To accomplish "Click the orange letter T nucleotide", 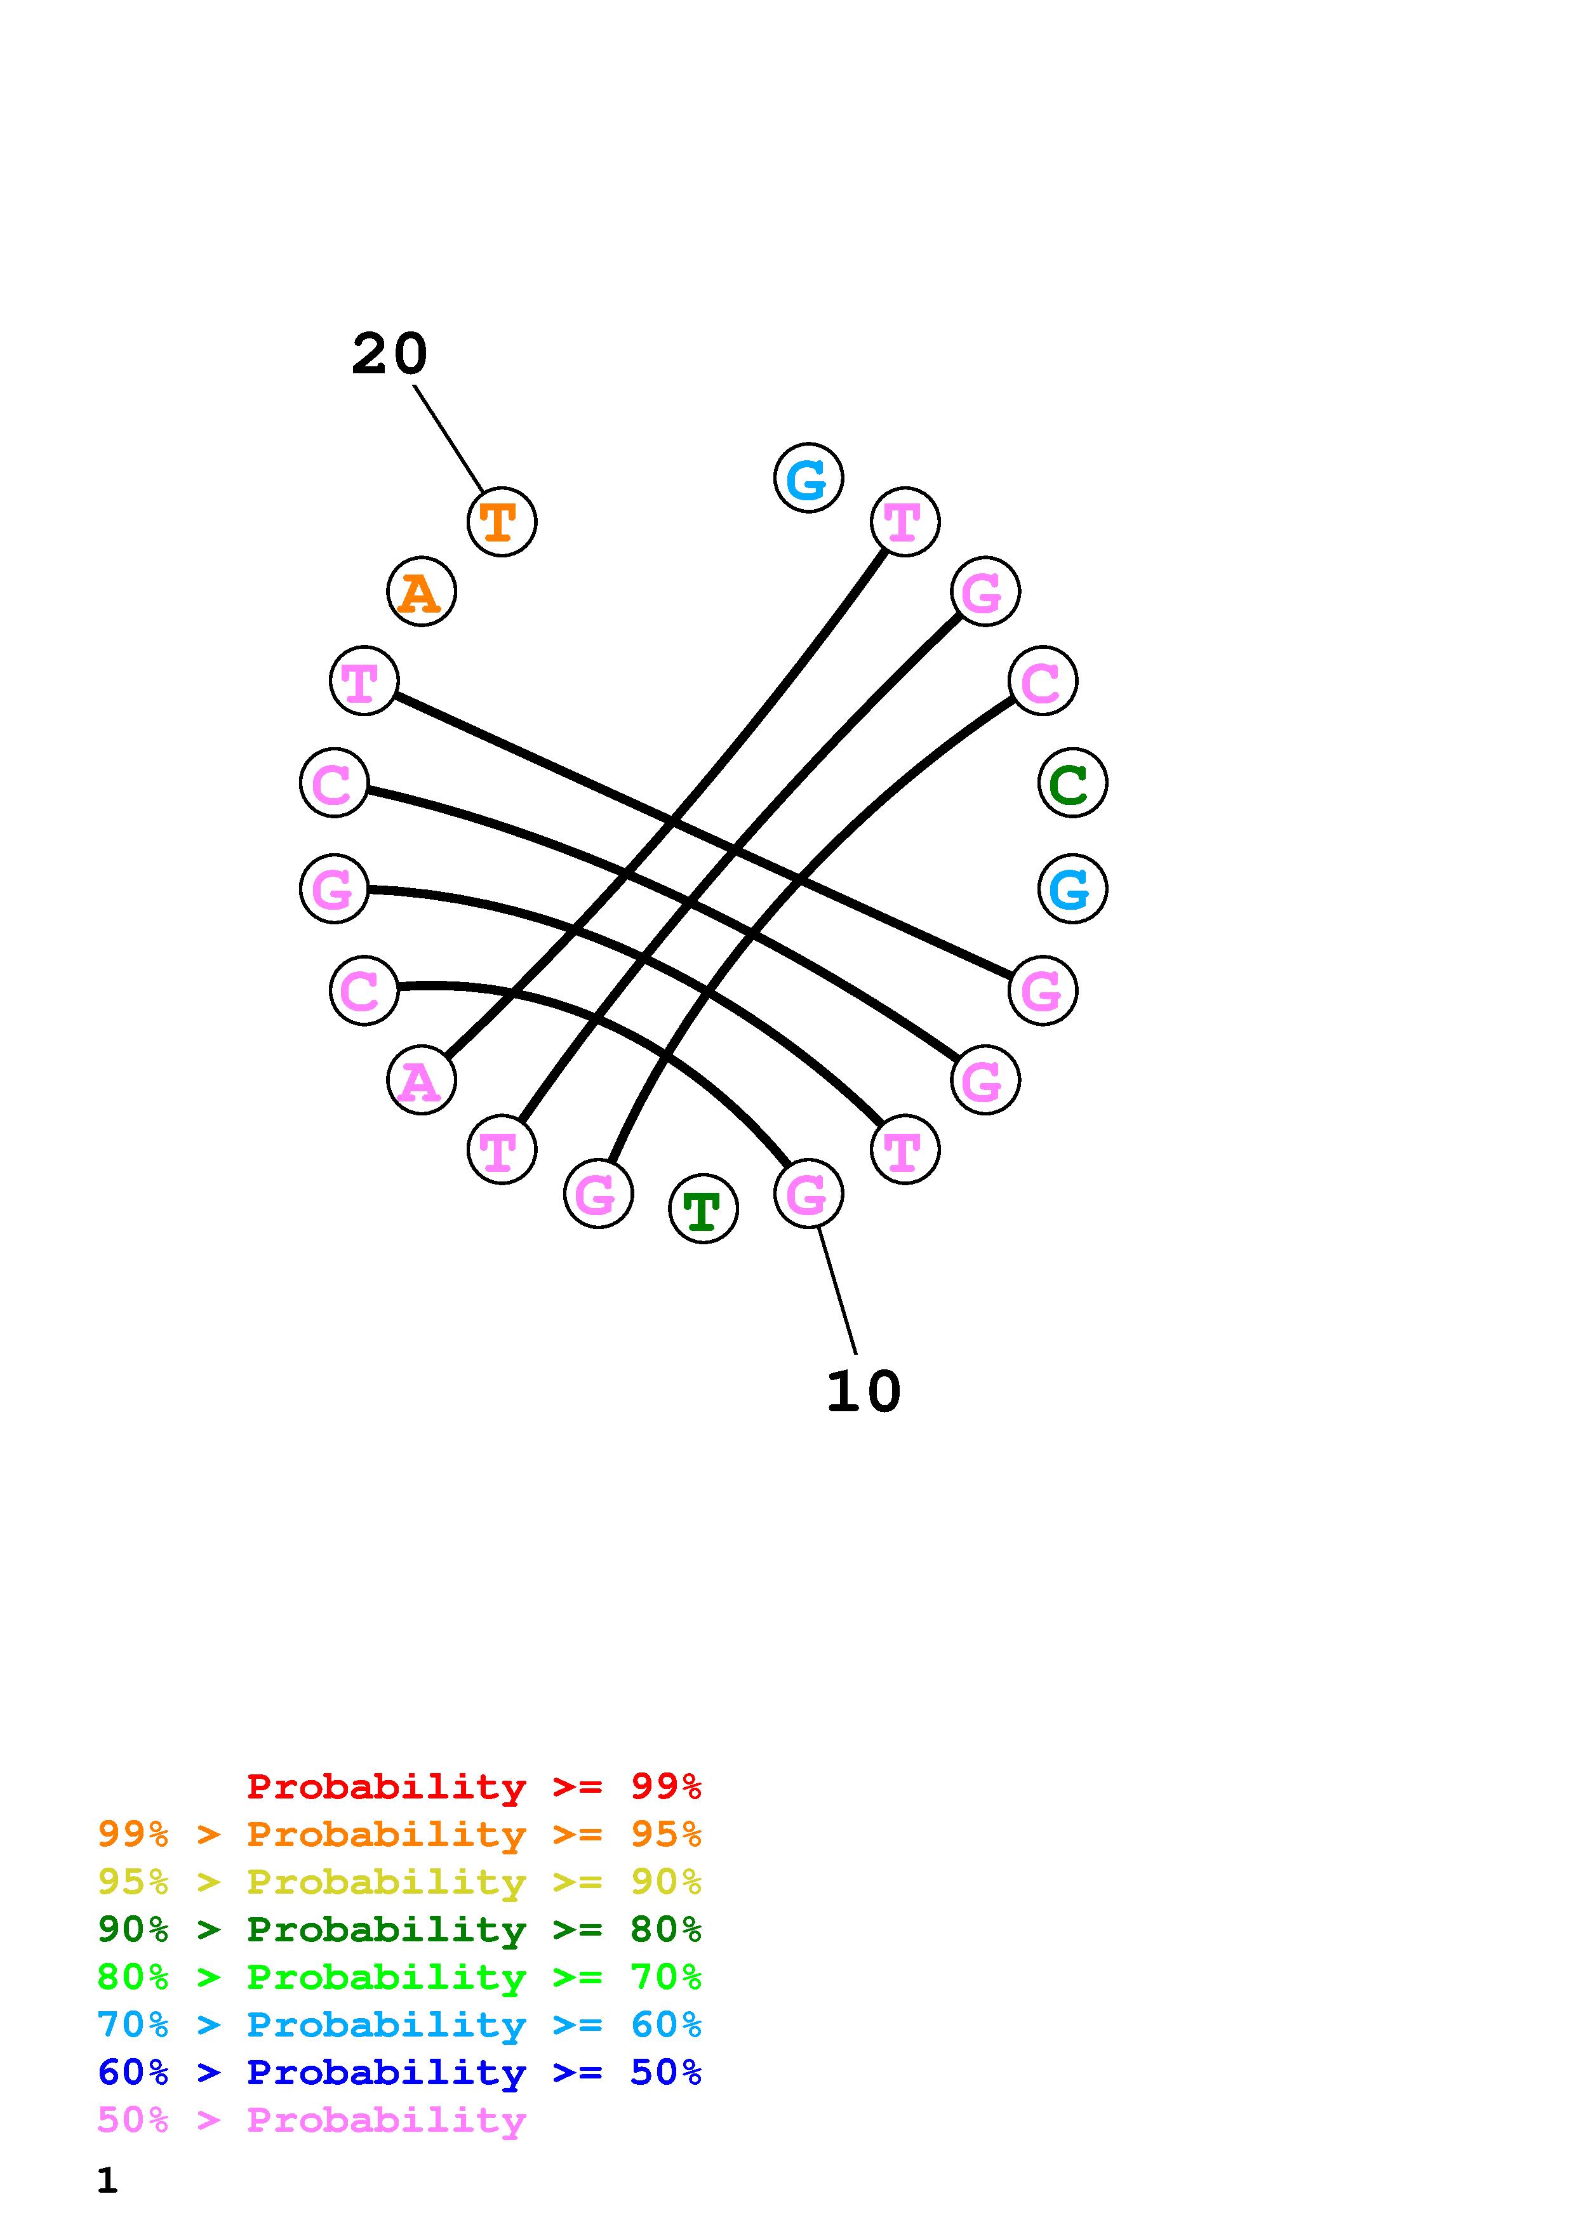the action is click(502, 522).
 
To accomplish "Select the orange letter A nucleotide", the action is click(421, 592).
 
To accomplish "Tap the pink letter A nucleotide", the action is click(421, 1080).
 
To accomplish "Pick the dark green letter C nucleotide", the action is click(1072, 783).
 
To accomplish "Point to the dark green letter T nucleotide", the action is click(703, 1209).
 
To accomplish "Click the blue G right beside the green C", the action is click(1072, 889).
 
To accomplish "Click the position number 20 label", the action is click(389, 354).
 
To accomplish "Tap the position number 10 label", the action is click(863, 1392).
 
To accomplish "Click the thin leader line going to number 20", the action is click(448, 439).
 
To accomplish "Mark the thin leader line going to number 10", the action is click(837, 1290).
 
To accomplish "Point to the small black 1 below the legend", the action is click(107, 2181).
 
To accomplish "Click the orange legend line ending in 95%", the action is click(399, 1834).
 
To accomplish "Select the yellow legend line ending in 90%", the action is click(399, 1882).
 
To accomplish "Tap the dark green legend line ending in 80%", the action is click(399, 1929).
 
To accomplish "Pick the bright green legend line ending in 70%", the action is click(399, 1977).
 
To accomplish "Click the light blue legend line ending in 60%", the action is click(399, 2024).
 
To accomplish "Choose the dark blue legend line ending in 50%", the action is click(399, 2072).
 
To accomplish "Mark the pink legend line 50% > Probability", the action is click(311, 2119).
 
